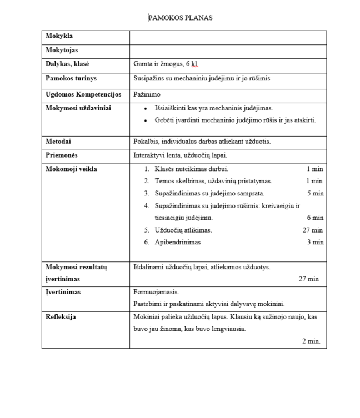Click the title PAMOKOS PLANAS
tap(180, 18)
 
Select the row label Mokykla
tap(59, 37)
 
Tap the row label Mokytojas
tap(62, 51)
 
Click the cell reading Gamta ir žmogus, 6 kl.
tap(166, 64)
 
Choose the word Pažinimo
tap(147, 94)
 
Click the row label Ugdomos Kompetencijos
tap(83, 94)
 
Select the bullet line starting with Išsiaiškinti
tap(213, 108)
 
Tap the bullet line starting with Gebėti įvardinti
tap(235, 120)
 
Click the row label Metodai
tap(58, 141)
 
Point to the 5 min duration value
tap(315, 193)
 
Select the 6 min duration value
tap(315, 218)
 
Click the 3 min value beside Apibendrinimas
tap(315, 242)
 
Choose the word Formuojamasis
tap(156, 291)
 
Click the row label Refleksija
tap(61, 317)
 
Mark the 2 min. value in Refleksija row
tap(311, 341)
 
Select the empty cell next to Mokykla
tap(228, 37)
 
